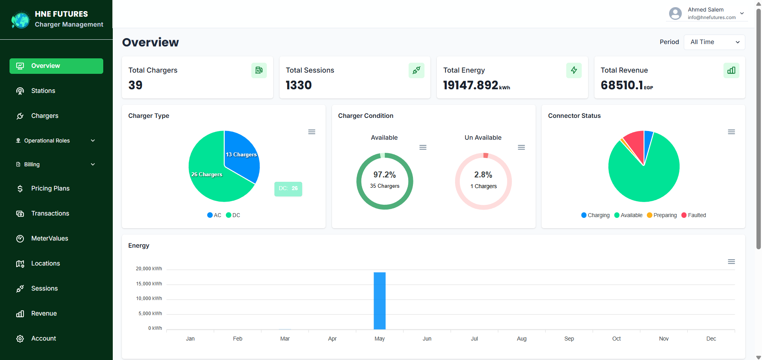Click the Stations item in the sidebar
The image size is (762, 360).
[x=43, y=91]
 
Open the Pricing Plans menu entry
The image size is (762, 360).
[x=50, y=189]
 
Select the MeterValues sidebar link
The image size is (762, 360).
[x=49, y=239]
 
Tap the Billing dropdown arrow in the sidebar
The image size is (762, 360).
[x=93, y=164]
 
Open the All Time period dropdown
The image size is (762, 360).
[x=714, y=42]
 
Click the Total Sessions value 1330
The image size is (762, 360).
[x=299, y=85]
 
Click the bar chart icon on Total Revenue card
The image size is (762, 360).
[x=731, y=71]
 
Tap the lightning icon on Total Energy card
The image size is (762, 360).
[x=574, y=71]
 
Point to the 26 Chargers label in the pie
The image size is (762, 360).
[x=207, y=174]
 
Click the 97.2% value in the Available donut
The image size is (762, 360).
[x=384, y=175]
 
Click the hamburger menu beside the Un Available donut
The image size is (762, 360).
[x=521, y=147]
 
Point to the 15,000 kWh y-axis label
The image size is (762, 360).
[x=149, y=284]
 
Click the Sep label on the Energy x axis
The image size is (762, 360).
[x=569, y=339]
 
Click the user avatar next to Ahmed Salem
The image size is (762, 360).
[x=675, y=13]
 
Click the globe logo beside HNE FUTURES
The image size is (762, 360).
[x=20, y=20]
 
